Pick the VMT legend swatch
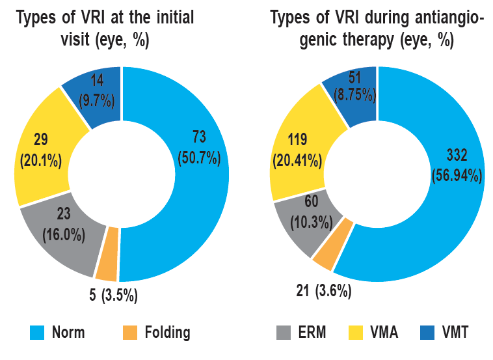[x=432, y=333]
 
